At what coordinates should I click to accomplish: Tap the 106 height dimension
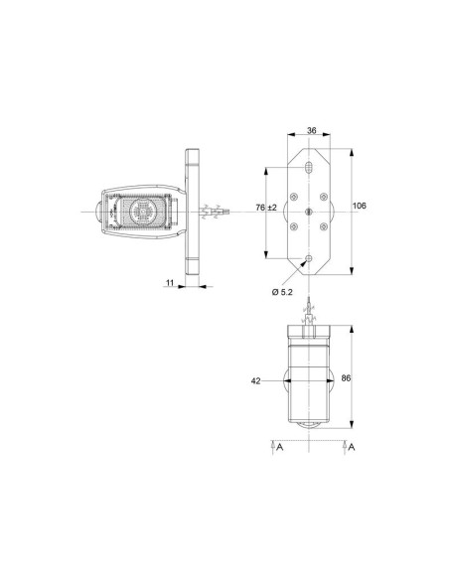click(359, 206)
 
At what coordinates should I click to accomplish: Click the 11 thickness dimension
click(170, 283)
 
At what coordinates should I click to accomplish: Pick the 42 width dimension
click(256, 380)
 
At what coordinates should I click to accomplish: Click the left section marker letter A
click(280, 447)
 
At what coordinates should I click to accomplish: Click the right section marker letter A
click(351, 447)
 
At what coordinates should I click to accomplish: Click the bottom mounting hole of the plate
click(311, 259)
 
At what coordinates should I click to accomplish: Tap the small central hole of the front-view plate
click(311, 212)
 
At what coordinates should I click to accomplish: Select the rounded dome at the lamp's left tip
click(92, 212)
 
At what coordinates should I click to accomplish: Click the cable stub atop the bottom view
click(311, 311)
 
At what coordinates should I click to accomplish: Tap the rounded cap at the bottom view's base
click(311, 424)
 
